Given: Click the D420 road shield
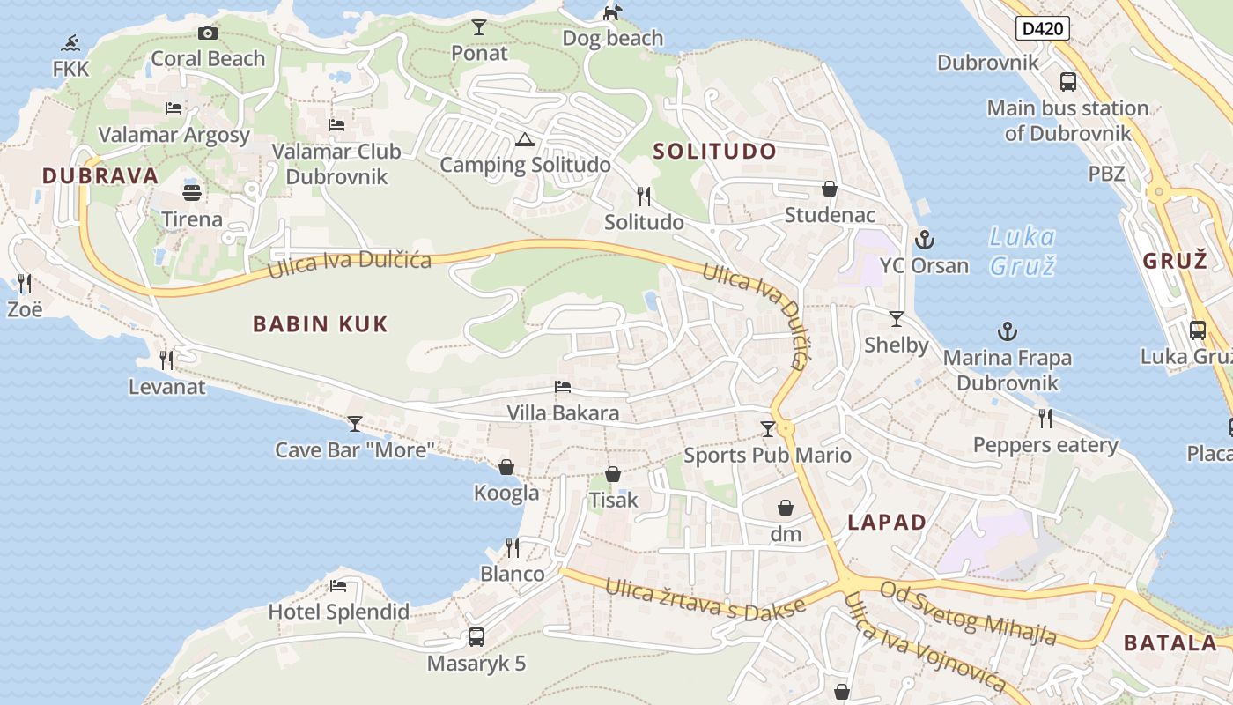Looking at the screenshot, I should pos(1043,29).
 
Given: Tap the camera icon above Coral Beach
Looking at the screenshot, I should pos(208,33).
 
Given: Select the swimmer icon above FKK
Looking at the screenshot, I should pos(71,42).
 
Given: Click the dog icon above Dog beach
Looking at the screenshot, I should pos(612,12).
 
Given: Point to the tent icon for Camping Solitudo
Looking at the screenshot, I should pos(525,139).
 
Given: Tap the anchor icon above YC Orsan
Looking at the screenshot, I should pos(924,239).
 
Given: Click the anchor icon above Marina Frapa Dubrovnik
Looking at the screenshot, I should pos(1007,331).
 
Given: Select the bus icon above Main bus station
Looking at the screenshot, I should pos(1067,82).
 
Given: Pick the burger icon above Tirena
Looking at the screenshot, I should pos(192,192).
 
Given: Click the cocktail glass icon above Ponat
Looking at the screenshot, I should pos(479,27).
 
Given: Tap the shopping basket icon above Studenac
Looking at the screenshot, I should pos(829,189).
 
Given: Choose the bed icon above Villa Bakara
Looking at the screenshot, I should pos(563,387).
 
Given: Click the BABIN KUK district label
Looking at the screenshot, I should pos(321,324).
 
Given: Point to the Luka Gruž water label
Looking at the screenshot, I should pos(1022,250).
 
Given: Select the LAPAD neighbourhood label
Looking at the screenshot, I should pos(887,522).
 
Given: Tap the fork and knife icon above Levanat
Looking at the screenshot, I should pos(166,360).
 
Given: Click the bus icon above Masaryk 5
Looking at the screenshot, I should pos(476,636).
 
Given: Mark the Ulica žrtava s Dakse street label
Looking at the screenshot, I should pos(705,599).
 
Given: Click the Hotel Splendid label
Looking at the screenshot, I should pos(338,612).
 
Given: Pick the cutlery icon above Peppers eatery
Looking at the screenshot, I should pos(1045,418).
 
